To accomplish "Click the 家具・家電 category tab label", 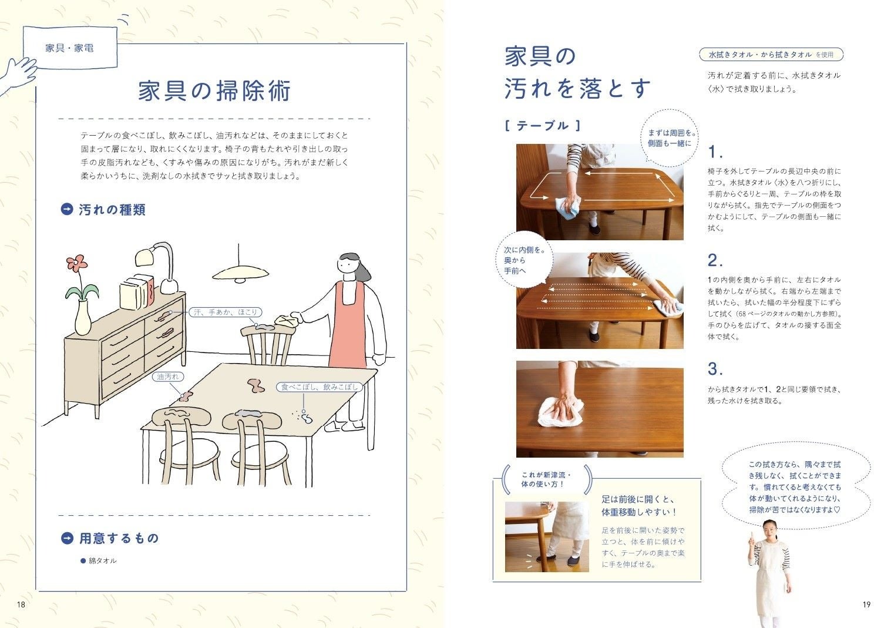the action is tap(70, 48).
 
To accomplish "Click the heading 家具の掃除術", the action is tap(215, 90).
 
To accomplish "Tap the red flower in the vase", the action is tap(77, 263).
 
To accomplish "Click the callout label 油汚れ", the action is tap(168, 377).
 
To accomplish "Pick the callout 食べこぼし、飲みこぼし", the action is tap(320, 387).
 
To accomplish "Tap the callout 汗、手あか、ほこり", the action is tap(226, 313).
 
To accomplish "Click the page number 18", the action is tap(21, 605).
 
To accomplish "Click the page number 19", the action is tap(867, 605).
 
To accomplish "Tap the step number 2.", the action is tap(715, 261).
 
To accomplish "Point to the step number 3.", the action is tap(715, 369).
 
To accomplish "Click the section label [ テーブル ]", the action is tap(543, 126).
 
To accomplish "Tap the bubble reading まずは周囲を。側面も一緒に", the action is tap(670, 138).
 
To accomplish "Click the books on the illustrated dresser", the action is tap(137, 292).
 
